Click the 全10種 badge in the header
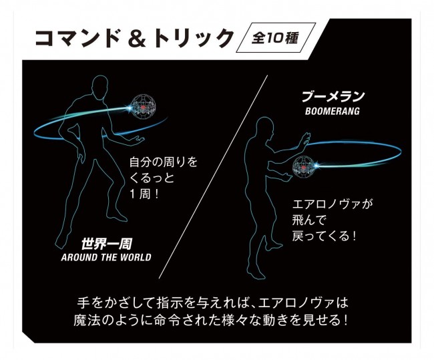pyautogui.click(x=276, y=37)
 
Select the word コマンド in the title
pyautogui.click(x=77, y=37)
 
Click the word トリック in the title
pyautogui.click(x=193, y=37)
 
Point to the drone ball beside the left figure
pyautogui.click(x=142, y=107)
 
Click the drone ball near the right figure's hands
pyautogui.click(x=304, y=166)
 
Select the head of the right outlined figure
pyautogui.click(x=265, y=128)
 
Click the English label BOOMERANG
pyautogui.click(x=333, y=112)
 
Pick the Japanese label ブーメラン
pyautogui.click(x=333, y=97)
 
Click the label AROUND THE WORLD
pyautogui.click(x=106, y=258)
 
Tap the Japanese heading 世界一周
pyautogui.click(x=106, y=244)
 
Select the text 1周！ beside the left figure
pyautogui.click(x=144, y=194)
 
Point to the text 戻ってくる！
pyautogui.click(x=324, y=236)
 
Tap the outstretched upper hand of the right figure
pyautogui.click(x=305, y=138)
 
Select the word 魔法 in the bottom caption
pyautogui.click(x=87, y=321)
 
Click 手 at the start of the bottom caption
pyautogui.click(x=83, y=303)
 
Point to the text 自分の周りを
pyautogui.click(x=164, y=162)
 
